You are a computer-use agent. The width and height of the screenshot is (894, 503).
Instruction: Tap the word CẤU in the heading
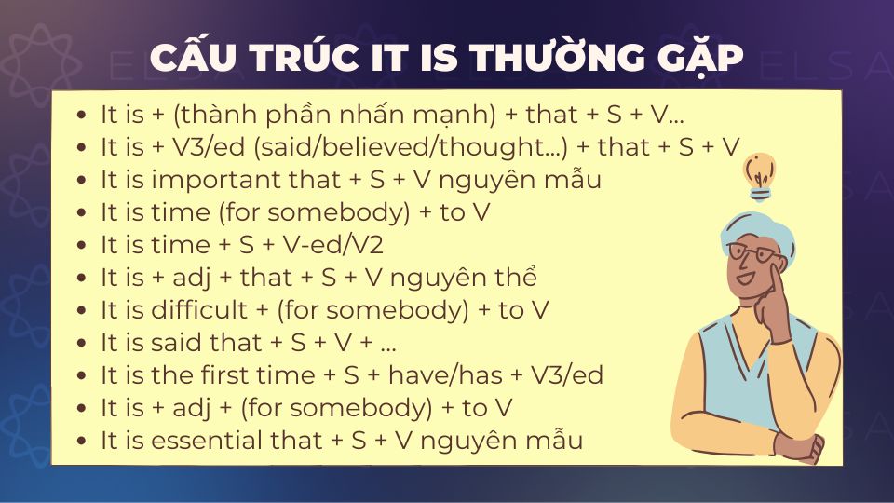click(x=191, y=58)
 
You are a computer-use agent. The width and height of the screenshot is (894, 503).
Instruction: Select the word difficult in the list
click(x=205, y=310)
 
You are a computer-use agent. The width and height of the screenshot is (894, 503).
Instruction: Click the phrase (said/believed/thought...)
click(x=398, y=147)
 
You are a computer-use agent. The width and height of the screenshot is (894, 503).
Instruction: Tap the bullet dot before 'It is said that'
click(x=81, y=344)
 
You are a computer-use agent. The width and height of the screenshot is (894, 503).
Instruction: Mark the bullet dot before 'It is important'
click(x=81, y=181)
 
